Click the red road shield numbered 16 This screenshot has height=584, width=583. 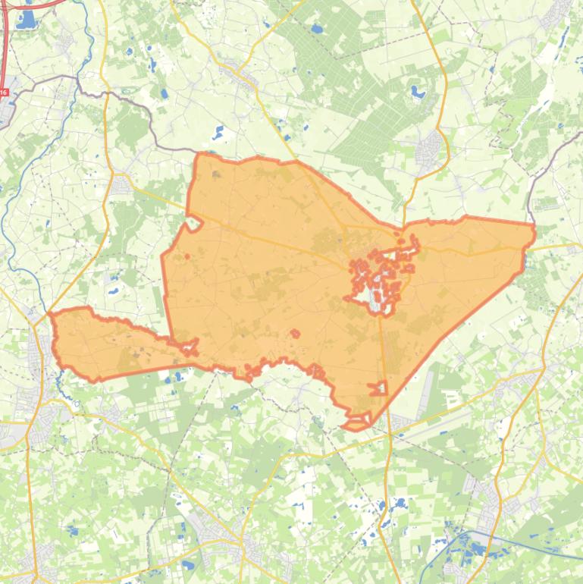coord(4,93)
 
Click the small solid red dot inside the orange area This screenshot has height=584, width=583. coord(186,256)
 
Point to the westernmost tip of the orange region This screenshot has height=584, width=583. coord(50,313)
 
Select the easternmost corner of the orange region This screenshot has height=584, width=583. coord(534,227)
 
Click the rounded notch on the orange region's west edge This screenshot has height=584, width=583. coord(193,223)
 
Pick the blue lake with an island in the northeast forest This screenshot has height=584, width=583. coord(418,93)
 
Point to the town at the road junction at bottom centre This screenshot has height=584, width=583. coord(227,538)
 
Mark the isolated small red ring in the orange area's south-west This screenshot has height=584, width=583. coord(295,332)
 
